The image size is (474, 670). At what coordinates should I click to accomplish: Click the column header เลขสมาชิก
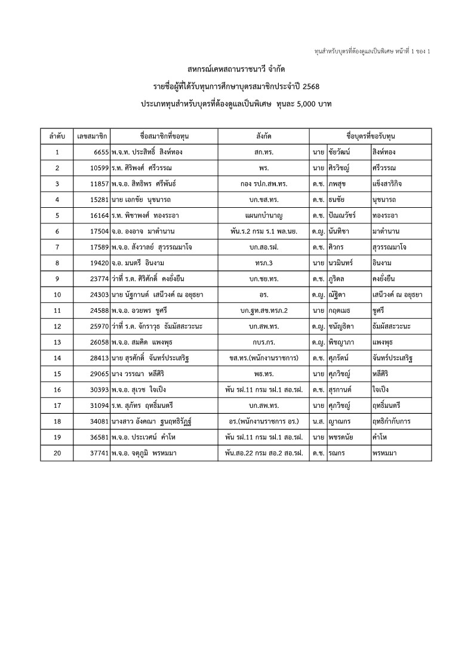tap(92, 136)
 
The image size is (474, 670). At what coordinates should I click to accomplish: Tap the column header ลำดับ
tap(57, 136)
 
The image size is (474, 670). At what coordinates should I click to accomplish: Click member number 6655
tap(99, 152)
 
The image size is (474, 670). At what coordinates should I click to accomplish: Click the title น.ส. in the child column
tap(318, 422)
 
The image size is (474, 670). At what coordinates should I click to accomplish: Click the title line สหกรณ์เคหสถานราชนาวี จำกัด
tap(236, 70)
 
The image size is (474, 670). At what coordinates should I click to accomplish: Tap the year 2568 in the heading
tap(309, 87)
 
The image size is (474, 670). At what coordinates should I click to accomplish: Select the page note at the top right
tap(372, 51)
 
